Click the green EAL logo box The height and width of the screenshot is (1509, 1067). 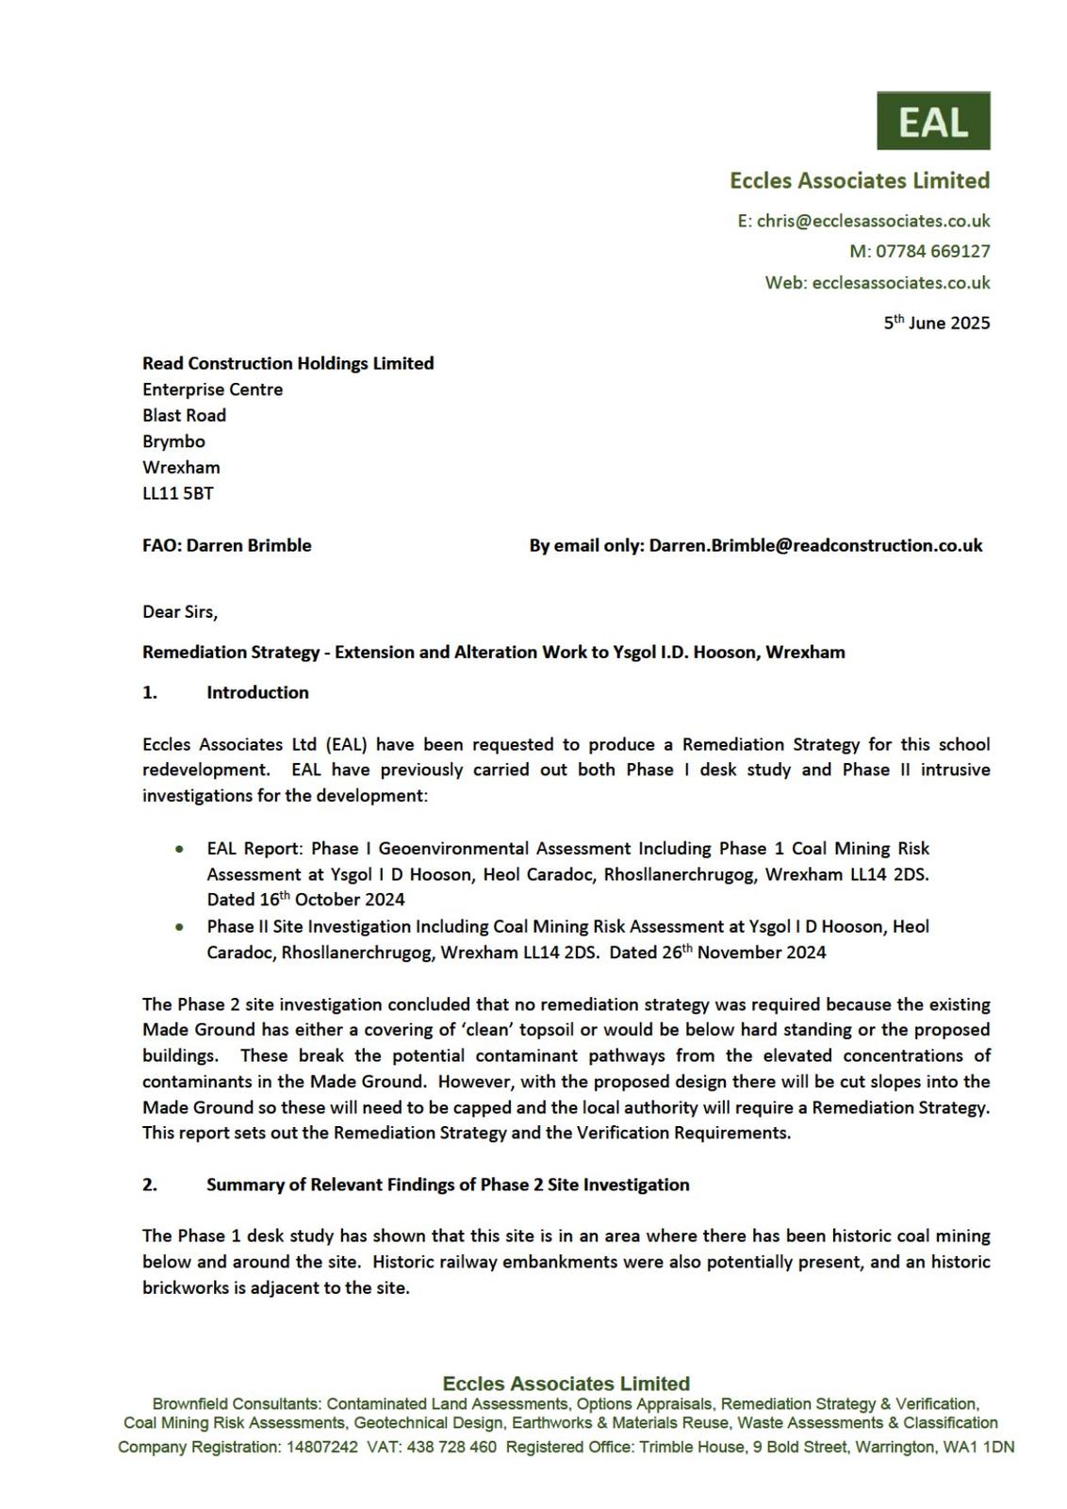click(x=933, y=121)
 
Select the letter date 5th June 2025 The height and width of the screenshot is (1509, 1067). click(x=936, y=323)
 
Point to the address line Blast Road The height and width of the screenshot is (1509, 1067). click(x=184, y=415)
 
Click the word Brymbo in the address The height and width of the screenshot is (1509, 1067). click(x=173, y=441)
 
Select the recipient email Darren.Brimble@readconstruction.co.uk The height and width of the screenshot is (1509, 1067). click(x=815, y=545)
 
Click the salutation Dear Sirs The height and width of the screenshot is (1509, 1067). click(x=179, y=611)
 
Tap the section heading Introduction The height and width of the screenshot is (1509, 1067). click(x=257, y=692)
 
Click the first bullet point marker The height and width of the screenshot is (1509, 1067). click(x=179, y=849)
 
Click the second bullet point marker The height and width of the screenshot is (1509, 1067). click(x=179, y=927)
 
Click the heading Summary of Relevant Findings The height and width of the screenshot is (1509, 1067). click(x=448, y=1185)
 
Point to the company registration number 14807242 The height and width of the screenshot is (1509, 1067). click(x=321, y=1447)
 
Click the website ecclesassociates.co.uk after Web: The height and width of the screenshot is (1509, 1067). click(x=900, y=282)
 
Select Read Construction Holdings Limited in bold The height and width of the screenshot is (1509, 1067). click(x=287, y=363)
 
